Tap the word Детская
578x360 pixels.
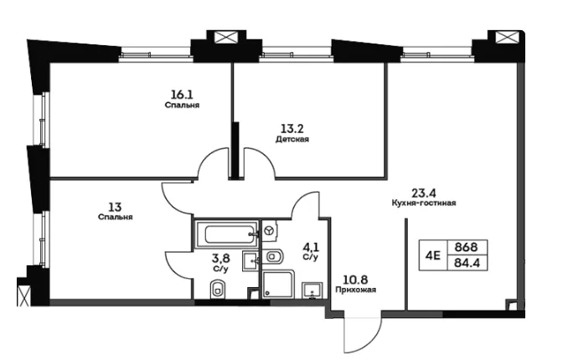click(292, 139)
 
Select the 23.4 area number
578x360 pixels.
click(424, 193)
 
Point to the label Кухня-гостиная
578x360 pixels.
click(424, 203)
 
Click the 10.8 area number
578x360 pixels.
click(356, 280)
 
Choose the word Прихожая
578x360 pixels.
click(356, 290)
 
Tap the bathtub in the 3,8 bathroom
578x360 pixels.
click(225, 234)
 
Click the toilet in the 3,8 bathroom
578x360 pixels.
click(217, 289)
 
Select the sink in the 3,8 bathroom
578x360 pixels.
click(251, 261)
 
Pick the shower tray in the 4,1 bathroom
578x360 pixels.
click(278, 284)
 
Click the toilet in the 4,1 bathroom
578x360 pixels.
click(274, 256)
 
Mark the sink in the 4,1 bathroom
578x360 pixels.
click(312, 291)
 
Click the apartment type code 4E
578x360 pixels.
click(433, 255)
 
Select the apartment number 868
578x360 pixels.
click(466, 247)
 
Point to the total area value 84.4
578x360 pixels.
click(467, 263)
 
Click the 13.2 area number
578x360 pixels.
click(292, 129)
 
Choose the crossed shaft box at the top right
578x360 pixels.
click(504, 37)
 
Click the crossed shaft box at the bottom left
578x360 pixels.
click(23, 296)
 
